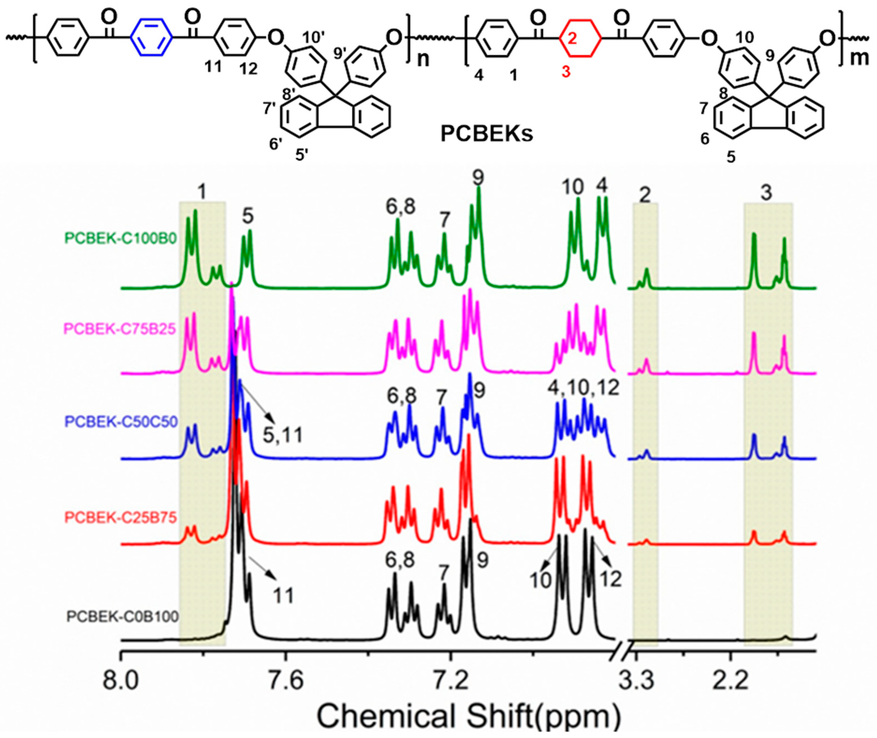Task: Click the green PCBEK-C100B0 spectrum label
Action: click(x=121, y=238)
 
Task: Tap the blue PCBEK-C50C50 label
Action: click(x=121, y=421)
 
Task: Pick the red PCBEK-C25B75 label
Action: click(x=121, y=517)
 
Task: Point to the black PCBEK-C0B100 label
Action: click(x=123, y=617)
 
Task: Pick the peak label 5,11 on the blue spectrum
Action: click(x=282, y=435)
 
